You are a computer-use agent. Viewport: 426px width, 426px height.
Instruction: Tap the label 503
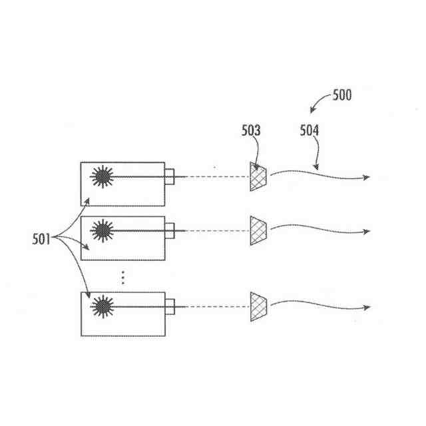coord(251,131)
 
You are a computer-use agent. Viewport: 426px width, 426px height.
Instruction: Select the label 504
coord(308,131)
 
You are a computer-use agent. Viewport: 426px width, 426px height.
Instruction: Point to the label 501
coord(41,238)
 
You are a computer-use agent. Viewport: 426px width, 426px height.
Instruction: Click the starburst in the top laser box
coord(103,176)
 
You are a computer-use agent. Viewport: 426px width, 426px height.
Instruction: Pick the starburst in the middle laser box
coord(103,230)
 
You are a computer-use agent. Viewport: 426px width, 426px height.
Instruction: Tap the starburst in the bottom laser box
coord(103,306)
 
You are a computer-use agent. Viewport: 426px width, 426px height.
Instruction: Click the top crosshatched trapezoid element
coord(258,177)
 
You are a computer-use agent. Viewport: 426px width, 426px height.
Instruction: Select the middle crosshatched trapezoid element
coord(258,230)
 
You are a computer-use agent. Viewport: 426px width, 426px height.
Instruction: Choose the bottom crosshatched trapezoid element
coord(258,306)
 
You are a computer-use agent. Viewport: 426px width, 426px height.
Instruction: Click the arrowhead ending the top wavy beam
coord(365,178)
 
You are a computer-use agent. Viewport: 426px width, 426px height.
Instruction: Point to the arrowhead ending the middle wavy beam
coord(365,232)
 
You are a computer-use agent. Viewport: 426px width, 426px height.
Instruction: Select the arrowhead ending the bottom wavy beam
coord(365,307)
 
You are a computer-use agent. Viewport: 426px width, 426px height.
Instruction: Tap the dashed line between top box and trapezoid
coord(211,177)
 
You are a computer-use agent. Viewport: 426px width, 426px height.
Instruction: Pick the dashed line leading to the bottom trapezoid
coord(211,306)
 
